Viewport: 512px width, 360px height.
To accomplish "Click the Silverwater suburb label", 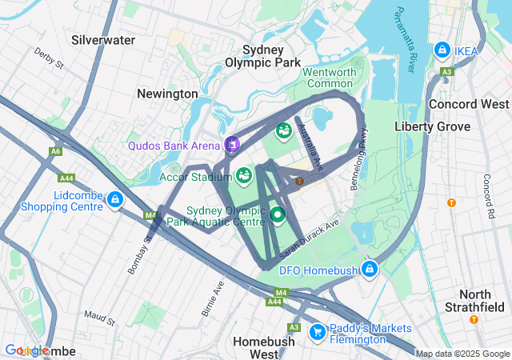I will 103,39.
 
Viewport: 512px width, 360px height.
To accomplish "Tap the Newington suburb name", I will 167,94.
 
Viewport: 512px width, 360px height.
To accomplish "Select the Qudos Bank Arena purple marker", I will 232,144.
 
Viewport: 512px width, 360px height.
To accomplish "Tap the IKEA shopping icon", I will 442,50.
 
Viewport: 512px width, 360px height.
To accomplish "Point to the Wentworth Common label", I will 329,78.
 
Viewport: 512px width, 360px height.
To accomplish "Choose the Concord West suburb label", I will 469,105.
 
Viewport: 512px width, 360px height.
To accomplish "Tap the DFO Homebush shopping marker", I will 369,269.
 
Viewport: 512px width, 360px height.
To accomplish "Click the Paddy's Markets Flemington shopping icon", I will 317,331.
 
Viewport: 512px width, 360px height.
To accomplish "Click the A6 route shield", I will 55,150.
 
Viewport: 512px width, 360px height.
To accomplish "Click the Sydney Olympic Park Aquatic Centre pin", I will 278,214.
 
